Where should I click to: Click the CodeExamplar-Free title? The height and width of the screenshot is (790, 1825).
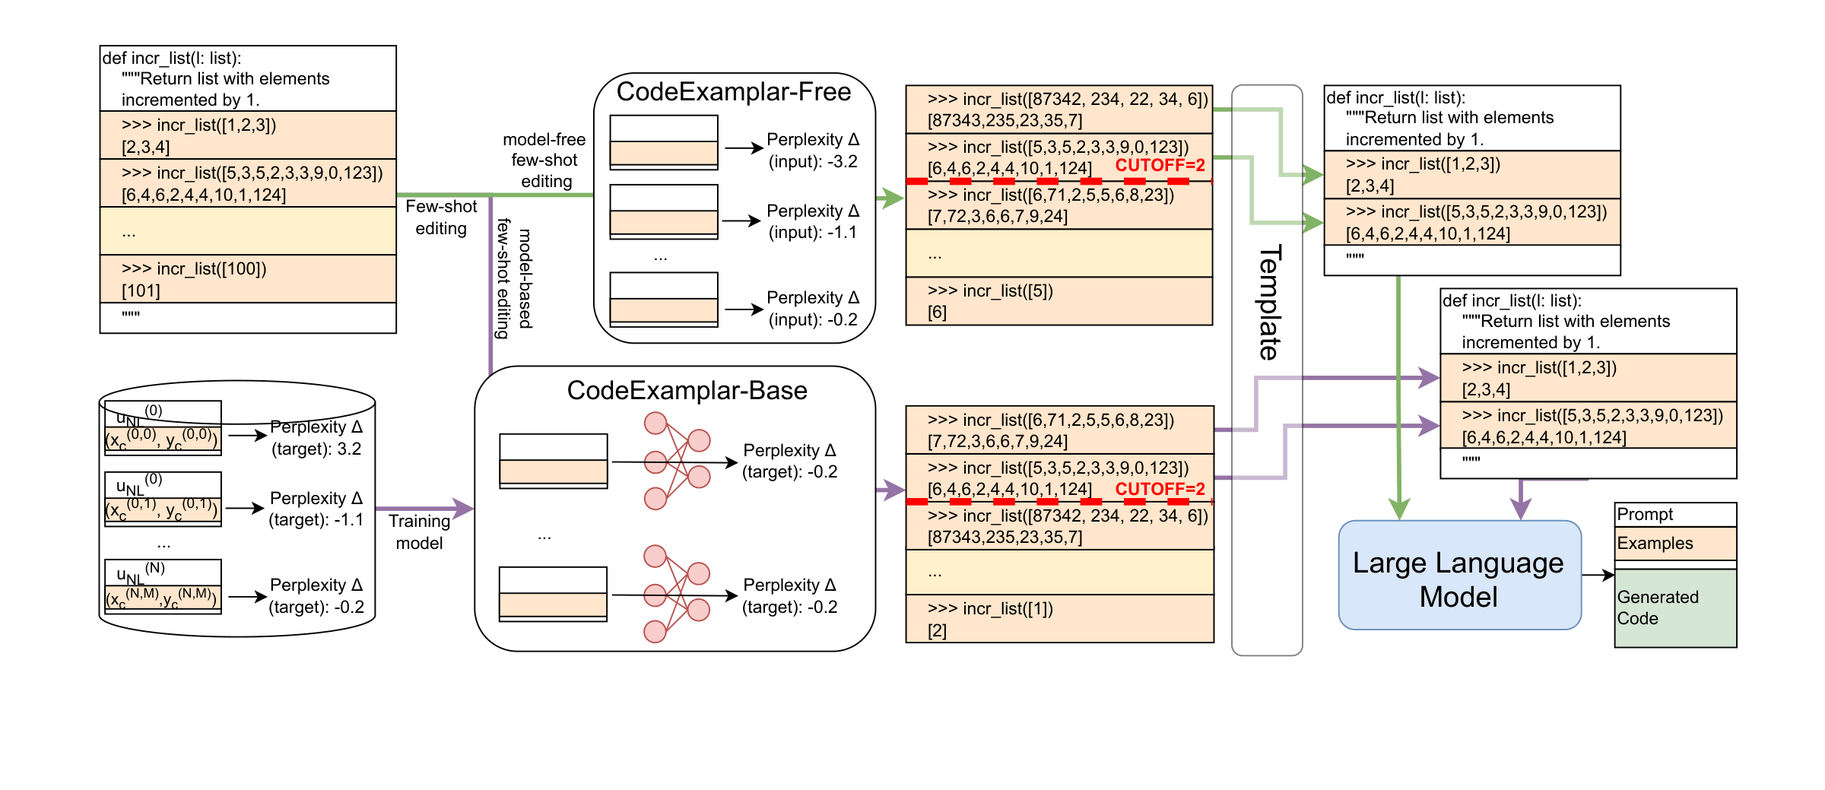click(x=733, y=92)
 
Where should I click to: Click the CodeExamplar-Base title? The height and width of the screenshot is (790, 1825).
click(x=687, y=391)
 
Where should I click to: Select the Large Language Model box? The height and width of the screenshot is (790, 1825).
click(x=1458, y=576)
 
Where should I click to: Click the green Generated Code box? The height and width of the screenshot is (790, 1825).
click(x=1674, y=608)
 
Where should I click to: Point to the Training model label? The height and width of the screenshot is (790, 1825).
click(x=419, y=531)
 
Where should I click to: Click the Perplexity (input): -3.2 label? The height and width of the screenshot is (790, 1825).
click(x=812, y=151)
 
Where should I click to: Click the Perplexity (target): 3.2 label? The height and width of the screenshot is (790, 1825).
click(x=316, y=438)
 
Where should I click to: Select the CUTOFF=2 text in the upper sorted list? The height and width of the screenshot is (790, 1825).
click(x=1160, y=165)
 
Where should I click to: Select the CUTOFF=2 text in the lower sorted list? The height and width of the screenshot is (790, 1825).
click(x=1160, y=489)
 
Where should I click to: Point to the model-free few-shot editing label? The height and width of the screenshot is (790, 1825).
click(x=544, y=160)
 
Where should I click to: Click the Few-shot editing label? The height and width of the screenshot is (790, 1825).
click(x=441, y=217)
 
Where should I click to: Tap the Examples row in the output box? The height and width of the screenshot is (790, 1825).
click(x=1674, y=544)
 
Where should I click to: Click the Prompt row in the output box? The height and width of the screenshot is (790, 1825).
click(x=1674, y=515)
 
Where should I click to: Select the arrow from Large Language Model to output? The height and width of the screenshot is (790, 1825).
click(x=1598, y=576)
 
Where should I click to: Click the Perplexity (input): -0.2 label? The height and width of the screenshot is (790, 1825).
click(x=812, y=309)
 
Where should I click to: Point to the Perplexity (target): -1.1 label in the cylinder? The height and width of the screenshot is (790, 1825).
click(x=316, y=509)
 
